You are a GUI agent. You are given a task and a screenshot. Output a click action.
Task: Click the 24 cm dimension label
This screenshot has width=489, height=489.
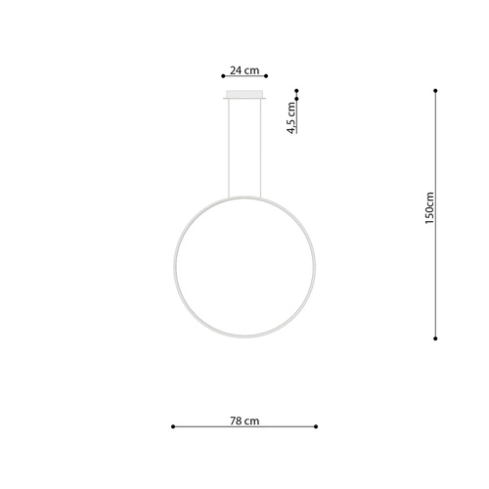pyautogui.click(x=244, y=69)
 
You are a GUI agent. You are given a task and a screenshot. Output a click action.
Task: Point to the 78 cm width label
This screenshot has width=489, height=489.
pyautogui.click(x=244, y=421)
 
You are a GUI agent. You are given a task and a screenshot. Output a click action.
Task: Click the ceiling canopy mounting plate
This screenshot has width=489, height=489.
pyautogui.click(x=244, y=95)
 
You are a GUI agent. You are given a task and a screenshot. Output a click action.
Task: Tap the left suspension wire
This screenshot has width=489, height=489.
pyautogui.click(x=230, y=147)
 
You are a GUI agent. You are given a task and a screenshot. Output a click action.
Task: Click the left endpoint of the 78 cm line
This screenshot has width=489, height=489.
pyautogui.click(x=172, y=426)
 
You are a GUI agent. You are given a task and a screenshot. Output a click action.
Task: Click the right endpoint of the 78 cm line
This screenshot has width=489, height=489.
pyautogui.click(x=317, y=426)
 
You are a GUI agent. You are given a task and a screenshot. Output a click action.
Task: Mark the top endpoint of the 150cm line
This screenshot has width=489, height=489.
pyautogui.click(x=435, y=91)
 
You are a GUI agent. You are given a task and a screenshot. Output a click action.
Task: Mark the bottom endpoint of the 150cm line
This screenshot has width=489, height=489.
pyautogui.click(x=435, y=338)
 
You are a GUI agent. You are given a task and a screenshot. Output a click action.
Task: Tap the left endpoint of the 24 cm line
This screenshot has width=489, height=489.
pyautogui.click(x=223, y=76)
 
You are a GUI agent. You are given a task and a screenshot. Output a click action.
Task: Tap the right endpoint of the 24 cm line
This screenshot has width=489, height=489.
pyautogui.click(x=267, y=76)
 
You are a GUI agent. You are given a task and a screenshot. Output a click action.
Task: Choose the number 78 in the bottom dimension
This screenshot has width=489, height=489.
pyautogui.click(x=236, y=421)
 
